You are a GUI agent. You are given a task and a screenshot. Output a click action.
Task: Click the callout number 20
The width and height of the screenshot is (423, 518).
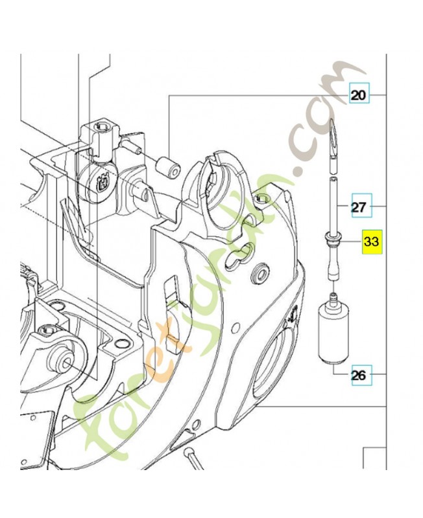359,96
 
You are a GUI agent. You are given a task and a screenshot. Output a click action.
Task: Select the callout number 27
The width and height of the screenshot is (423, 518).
359,208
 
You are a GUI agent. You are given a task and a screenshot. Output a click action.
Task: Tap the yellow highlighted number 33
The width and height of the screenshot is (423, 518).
372,242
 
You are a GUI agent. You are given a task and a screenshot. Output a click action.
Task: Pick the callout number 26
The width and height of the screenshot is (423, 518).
359,374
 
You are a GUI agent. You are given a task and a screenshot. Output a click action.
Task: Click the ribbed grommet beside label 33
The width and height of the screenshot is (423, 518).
333,242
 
